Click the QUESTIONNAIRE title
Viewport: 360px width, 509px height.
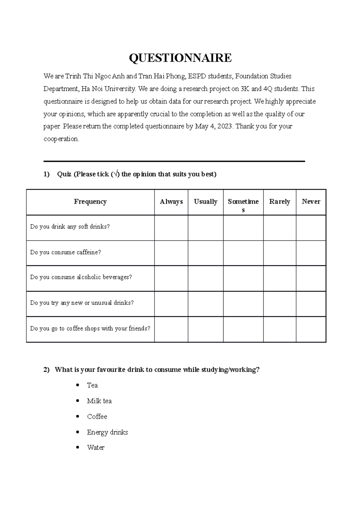click(x=180, y=58)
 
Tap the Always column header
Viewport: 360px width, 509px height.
click(x=171, y=202)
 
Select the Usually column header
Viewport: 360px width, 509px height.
click(x=205, y=202)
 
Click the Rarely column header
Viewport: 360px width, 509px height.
click(x=279, y=202)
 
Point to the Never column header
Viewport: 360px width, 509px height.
click(x=311, y=202)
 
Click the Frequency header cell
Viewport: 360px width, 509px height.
click(x=90, y=202)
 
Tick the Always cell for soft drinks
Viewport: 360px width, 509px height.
click(x=171, y=228)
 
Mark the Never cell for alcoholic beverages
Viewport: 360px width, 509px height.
click(x=311, y=278)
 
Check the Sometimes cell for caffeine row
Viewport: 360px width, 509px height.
click(x=243, y=253)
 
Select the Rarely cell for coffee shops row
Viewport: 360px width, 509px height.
click(x=279, y=329)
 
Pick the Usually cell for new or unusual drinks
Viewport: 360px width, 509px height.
click(x=205, y=304)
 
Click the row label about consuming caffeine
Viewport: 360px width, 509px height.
click(x=65, y=252)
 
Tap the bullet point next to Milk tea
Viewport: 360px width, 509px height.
click(x=78, y=400)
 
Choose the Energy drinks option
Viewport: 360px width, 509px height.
click(x=107, y=432)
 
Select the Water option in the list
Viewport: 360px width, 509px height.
click(x=95, y=448)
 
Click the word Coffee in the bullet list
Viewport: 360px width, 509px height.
click(x=97, y=416)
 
